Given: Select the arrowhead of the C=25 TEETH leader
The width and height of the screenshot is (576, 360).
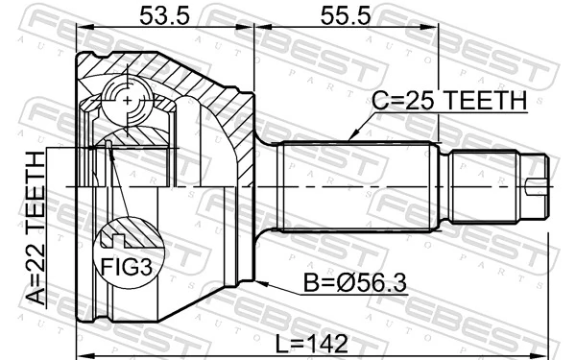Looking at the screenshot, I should [x=352, y=140].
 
